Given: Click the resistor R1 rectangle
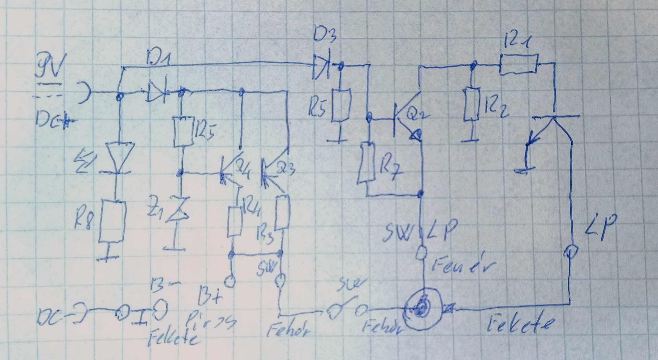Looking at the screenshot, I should point(518,64).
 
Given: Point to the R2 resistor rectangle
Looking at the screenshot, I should point(472,104).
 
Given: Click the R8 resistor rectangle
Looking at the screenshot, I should point(112,221).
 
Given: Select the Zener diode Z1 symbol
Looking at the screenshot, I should point(179,209).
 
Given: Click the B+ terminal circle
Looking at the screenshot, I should point(230,282).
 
